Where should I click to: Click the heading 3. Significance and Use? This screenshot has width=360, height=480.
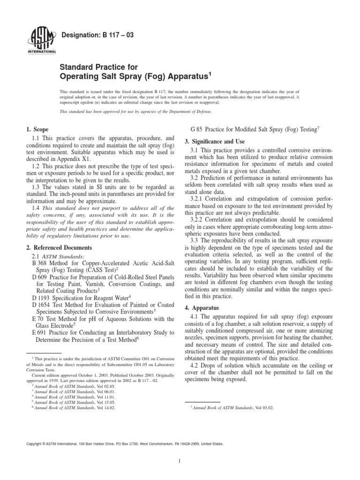pos(218,142)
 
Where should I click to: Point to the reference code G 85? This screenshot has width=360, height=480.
pos(199,129)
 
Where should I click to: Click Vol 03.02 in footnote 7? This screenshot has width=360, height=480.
pos(263,408)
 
